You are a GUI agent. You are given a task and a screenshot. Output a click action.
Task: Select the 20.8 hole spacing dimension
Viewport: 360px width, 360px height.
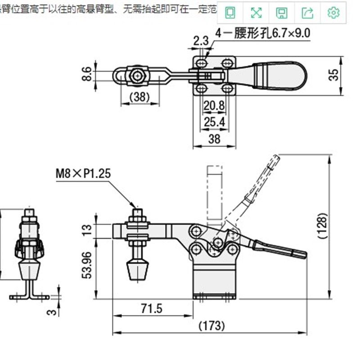point(214,107)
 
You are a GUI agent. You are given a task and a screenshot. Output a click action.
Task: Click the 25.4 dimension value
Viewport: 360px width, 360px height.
point(214,121)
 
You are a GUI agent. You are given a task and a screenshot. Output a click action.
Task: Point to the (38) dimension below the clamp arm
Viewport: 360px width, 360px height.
point(140,96)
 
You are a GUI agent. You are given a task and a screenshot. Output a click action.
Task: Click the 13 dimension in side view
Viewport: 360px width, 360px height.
point(87,230)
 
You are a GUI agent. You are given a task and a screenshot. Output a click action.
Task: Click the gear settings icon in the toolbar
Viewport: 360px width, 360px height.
point(333,13)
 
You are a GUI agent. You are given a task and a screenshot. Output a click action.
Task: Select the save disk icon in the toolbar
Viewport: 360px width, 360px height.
point(282,13)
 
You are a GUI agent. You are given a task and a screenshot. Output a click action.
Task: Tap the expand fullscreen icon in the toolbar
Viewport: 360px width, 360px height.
point(256,13)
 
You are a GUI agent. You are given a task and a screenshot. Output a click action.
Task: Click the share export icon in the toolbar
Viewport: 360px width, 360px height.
point(307,13)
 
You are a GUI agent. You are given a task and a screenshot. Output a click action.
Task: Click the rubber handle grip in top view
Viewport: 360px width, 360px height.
point(279,75)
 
